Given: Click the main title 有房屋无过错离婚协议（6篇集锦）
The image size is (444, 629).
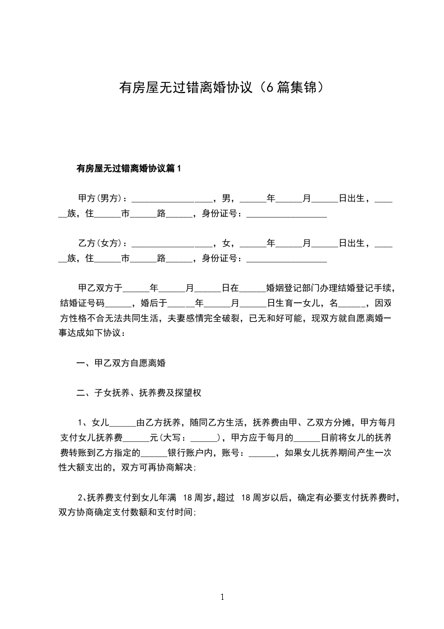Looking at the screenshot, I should (x=222, y=88).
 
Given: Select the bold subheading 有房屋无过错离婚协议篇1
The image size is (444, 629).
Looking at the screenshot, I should (x=129, y=168).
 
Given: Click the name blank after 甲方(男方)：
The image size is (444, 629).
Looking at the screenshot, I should (x=172, y=200).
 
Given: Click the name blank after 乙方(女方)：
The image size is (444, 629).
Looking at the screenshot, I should (x=172, y=244).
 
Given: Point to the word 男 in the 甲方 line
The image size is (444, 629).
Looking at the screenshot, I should (x=226, y=198).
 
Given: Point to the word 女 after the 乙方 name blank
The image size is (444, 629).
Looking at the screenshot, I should (x=226, y=243).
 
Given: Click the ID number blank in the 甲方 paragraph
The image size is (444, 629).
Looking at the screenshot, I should (x=287, y=215).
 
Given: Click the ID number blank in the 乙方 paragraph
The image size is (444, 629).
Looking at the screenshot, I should (x=287, y=260).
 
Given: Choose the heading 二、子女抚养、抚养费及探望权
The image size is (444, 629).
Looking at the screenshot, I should (x=139, y=393).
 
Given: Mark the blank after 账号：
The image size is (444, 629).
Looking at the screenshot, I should (x=261, y=454).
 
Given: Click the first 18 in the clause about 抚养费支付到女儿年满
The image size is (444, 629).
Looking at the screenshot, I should (x=188, y=497).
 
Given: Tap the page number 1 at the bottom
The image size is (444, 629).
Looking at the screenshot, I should (x=222, y=598).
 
